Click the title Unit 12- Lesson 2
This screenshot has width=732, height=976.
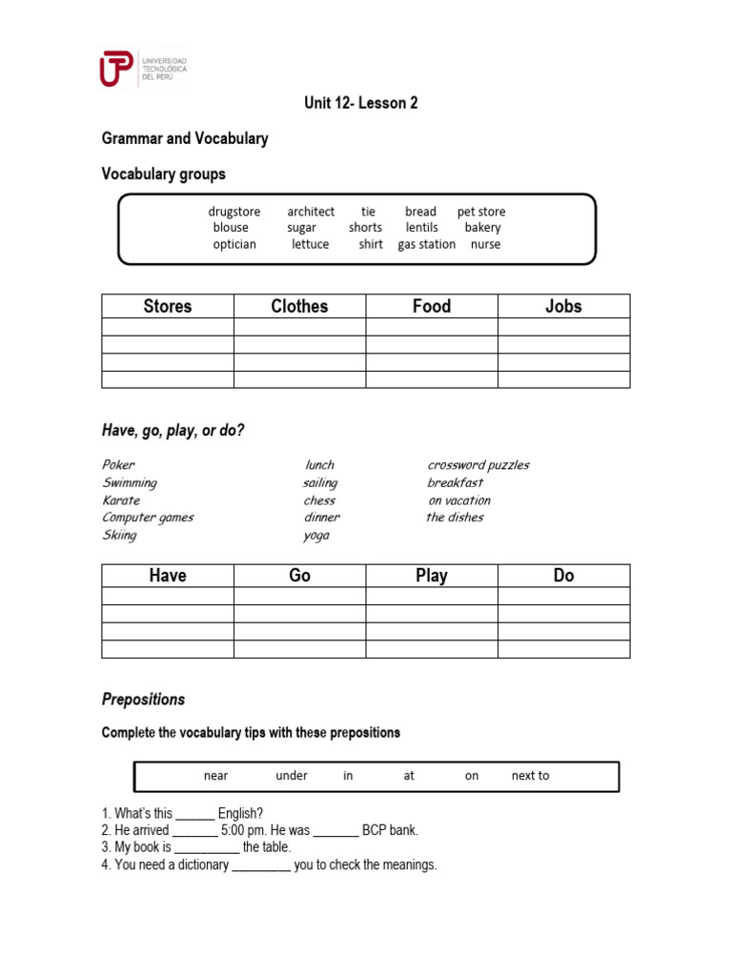[x=361, y=103]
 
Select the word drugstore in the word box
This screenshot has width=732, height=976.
[x=234, y=212]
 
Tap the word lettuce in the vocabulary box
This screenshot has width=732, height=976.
[x=311, y=244]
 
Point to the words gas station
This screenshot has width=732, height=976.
[x=426, y=244]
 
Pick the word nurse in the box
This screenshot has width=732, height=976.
[x=485, y=244]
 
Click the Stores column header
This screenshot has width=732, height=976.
[x=168, y=306]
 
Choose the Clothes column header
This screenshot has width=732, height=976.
[x=299, y=306]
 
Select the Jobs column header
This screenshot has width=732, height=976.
[x=563, y=306]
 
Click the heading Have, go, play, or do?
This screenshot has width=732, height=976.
[x=173, y=431]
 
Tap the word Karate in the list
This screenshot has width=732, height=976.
[x=121, y=500]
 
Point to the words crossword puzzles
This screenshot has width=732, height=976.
[x=478, y=465]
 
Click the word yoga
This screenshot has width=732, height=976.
[x=316, y=536]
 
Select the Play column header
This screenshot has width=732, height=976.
[x=432, y=576]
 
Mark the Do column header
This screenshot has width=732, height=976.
[x=563, y=576]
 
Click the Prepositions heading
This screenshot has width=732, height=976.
[x=144, y=700]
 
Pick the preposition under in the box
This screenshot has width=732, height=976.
[x=292, y=776]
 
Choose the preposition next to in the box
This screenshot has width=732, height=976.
[x=530, y=776]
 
